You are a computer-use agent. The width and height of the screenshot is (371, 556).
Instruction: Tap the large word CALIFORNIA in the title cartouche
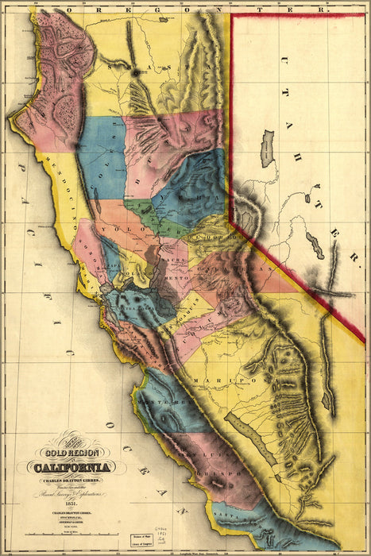click(x=72, y=466)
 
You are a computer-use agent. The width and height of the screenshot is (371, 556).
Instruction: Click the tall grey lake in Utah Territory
click(x=268, y=149)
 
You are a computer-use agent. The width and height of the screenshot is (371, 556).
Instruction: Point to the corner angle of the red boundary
click(x=231, y=219)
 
